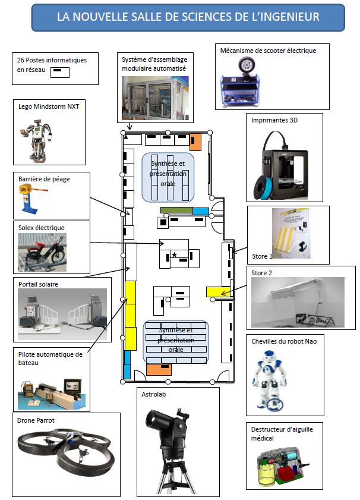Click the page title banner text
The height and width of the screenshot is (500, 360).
point(188,17)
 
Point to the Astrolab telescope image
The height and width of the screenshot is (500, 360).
point(169,440)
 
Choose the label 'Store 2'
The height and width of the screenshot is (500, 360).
point(262,273)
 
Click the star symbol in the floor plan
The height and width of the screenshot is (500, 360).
point(175,254)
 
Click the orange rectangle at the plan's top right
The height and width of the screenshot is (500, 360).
point(195,142)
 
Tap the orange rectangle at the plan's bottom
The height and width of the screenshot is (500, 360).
point(159,370)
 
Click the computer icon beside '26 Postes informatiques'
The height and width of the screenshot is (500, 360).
point(60,72)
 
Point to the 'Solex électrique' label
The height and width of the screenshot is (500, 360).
point(42,227)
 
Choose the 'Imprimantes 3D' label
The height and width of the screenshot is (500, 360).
point(274,120)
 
